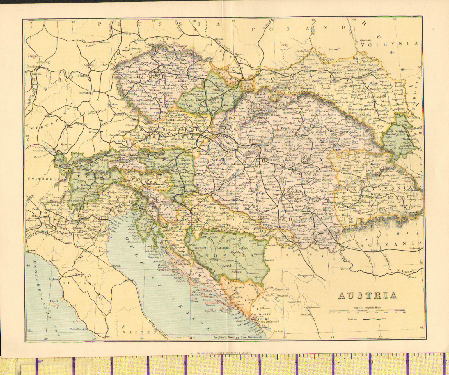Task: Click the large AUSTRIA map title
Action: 367,295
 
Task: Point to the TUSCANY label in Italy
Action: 79,283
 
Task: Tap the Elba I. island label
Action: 54,301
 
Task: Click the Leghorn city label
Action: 54,279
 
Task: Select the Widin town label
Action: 344,269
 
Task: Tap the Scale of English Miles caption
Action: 367,307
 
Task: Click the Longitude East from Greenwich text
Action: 237,337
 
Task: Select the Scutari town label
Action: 278,331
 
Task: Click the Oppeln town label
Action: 239,54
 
